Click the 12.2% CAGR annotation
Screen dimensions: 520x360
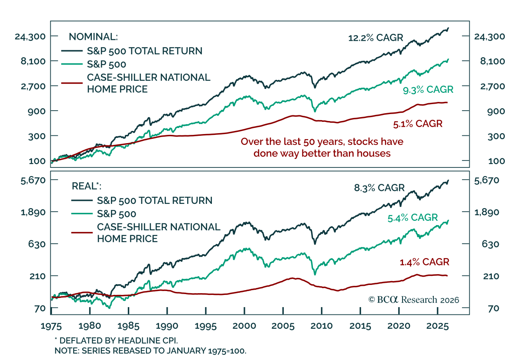point(375,38)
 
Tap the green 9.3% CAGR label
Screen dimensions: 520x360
point(428,90)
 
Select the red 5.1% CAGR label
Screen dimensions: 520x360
point(418,124)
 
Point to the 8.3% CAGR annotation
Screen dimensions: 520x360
point(379,188)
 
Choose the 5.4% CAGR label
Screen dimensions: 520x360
point(413,218)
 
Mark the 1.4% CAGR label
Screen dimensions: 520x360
point(424,262)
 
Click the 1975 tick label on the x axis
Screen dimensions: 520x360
point(51,326)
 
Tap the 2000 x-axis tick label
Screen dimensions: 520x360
point(244,326)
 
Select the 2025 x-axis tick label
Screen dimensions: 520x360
point(437,326)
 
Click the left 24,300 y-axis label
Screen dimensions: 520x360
point(30,37)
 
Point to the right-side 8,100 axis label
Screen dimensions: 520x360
point(492,61)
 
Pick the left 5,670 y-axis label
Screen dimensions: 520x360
point(33,180)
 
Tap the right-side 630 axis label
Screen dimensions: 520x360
point(490,244)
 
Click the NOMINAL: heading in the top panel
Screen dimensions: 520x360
point(93,37)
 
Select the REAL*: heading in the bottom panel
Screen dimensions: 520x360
point(86,186)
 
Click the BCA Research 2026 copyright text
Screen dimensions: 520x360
point(413,300)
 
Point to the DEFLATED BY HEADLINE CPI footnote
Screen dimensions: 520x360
point(116,341)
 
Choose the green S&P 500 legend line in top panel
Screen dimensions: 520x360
point(72,64)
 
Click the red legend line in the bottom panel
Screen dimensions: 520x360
point(82,232)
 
